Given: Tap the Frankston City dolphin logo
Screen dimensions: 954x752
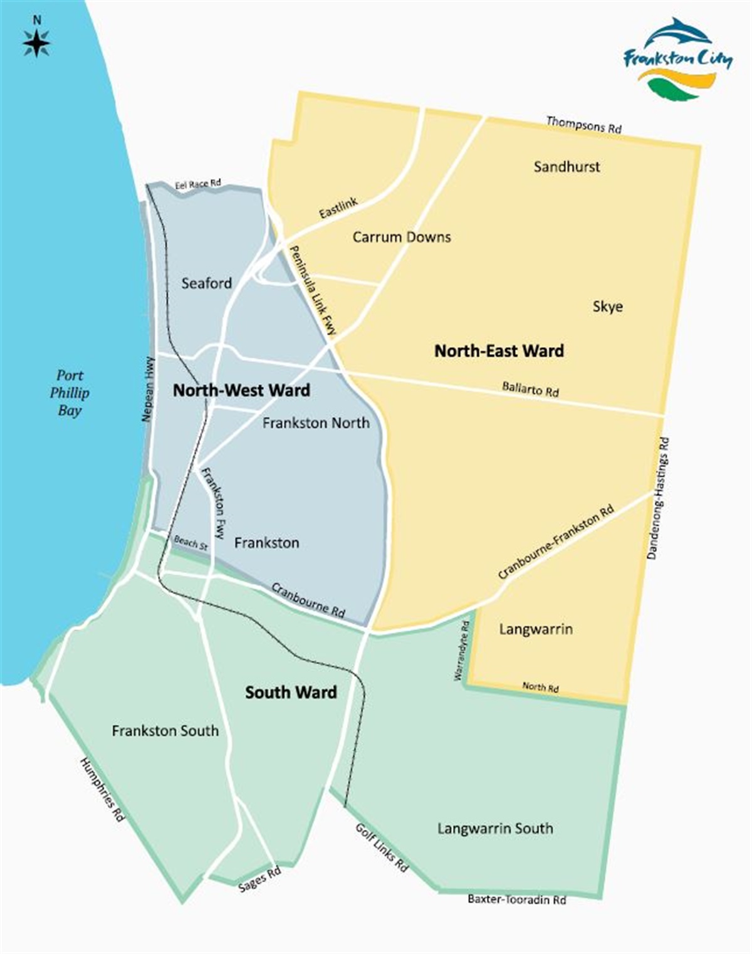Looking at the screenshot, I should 677,59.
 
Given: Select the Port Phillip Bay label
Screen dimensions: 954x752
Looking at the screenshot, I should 70,393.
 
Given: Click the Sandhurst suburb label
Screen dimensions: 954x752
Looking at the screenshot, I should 567,167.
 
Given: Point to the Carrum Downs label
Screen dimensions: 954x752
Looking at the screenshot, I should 402,237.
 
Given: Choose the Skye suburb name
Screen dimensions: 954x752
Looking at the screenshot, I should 607,307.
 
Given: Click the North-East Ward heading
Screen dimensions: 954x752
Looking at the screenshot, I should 499,350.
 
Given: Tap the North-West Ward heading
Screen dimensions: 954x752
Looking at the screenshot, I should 241,391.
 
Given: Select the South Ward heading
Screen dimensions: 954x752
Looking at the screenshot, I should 291,692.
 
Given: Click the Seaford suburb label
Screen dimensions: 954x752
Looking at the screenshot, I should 206,283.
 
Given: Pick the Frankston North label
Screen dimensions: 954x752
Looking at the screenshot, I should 316,423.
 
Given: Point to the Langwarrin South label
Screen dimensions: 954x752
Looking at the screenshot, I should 495,829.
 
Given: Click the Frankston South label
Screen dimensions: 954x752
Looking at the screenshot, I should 165,731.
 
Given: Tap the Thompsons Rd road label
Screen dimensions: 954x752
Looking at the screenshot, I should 583,124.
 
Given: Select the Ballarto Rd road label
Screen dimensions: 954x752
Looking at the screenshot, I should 530,389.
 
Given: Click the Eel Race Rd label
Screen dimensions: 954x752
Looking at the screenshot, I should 197,184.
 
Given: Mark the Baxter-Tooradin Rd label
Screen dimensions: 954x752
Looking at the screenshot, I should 517,899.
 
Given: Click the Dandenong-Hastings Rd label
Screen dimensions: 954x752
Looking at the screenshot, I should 657,498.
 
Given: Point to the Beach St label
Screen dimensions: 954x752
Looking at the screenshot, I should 191,543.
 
